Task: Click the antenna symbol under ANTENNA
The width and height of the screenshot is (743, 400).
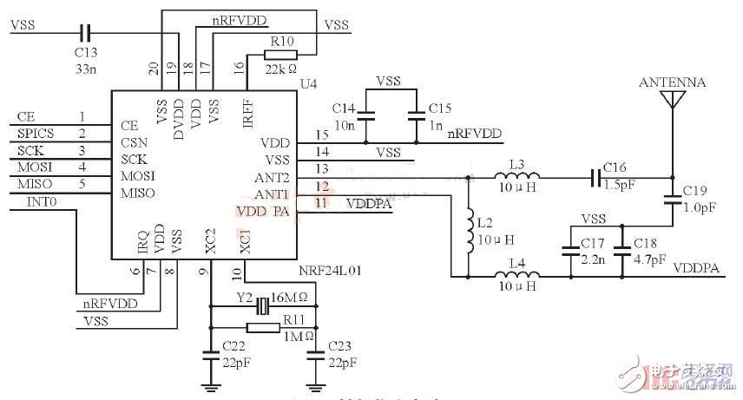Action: coord(670,98)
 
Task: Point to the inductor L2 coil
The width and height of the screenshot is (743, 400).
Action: coord(469,223)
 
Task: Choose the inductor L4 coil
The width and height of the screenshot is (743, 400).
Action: coord(516,276)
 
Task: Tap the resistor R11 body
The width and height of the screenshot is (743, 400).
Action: coord(261,327)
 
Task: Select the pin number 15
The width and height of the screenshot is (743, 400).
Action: coord(322,134)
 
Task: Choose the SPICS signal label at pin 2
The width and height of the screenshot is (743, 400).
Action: coord(36,134)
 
